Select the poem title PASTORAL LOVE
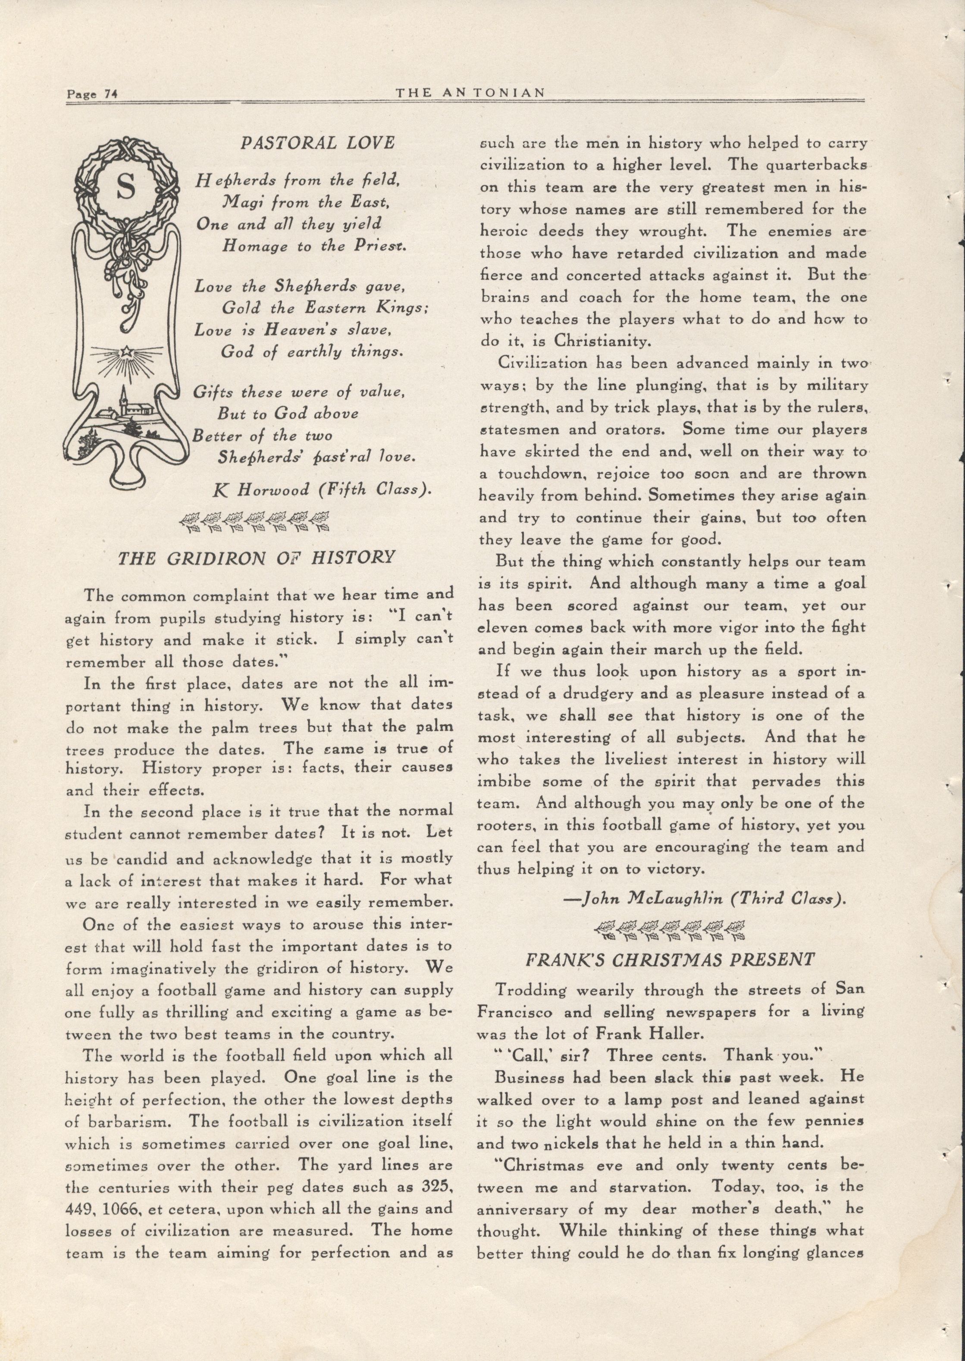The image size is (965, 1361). click(317, 143)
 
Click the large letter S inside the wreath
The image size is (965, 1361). click(126, 188)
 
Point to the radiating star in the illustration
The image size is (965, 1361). click(126, 352)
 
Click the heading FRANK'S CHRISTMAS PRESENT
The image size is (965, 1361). click(670, 959)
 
